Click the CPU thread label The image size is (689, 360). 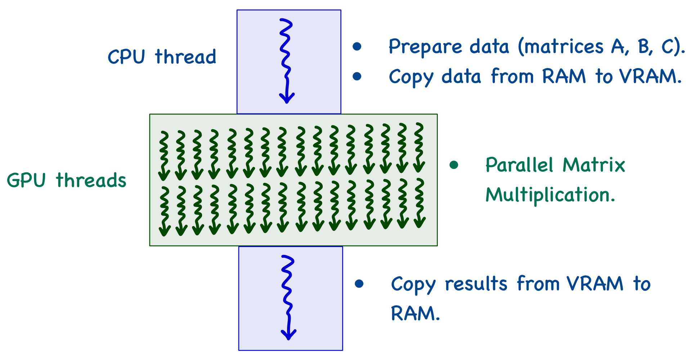[162, 57]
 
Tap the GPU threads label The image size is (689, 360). [67, 180]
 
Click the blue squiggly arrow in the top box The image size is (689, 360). [286, 61]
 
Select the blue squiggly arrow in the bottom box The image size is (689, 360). [288, 297]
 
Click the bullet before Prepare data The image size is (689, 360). [357, 46]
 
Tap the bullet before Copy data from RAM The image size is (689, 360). [357, 76]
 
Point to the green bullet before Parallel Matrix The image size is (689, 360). [454, 165]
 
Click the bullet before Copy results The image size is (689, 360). [359, 284]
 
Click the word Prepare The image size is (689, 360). [425, 47]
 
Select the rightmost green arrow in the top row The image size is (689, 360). [419, 148]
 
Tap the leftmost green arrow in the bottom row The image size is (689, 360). [164, 211]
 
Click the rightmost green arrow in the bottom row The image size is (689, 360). [420, 203]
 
